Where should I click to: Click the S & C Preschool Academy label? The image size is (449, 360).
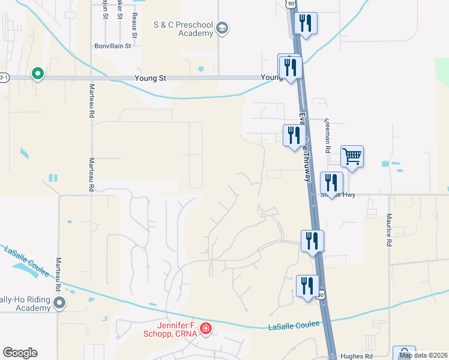tap(183, 29)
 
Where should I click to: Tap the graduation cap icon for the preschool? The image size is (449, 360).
tap(222, 28)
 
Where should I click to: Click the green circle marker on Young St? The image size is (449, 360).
tap(37, 74)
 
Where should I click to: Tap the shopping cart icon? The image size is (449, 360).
tap(352, 157)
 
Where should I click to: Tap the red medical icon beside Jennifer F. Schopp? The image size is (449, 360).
tap(206, 328)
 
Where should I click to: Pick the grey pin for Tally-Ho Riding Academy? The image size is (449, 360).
tap(59, 304)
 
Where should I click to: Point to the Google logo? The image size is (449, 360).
tap(20, 353)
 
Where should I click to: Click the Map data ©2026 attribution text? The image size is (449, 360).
tap(423, 355)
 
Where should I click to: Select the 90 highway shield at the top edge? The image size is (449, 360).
tap(291, 4)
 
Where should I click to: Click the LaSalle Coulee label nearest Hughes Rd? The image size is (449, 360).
tap(291, 326)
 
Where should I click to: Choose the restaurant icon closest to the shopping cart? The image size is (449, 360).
tap(331, 182)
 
